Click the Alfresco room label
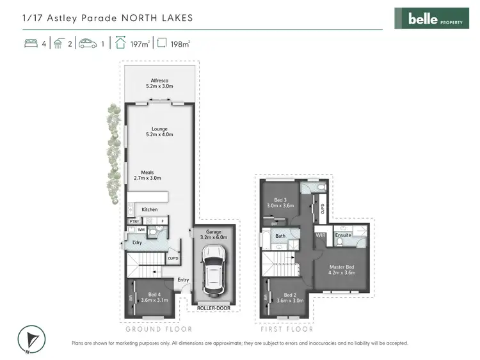159,82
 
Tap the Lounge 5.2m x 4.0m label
159,131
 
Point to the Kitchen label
149,210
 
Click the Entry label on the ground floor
183,279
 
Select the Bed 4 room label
152,295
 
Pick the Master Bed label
342,269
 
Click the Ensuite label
343,235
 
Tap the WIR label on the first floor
321,235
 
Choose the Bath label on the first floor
280,236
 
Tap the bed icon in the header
30,44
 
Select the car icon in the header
87,44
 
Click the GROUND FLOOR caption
159,329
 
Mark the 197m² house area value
140,44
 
